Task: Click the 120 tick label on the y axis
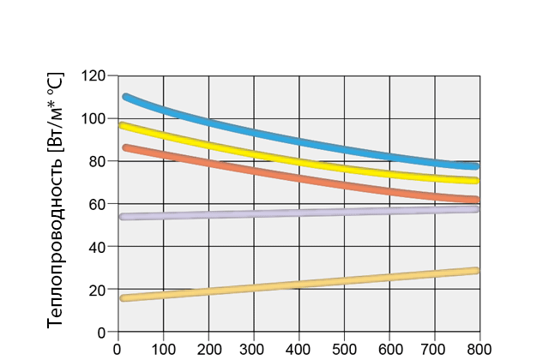coord(94,75)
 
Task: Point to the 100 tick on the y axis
coord(94,118)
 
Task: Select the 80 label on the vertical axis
coord(98,161)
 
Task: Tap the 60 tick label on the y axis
coord(98,204)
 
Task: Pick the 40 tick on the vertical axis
coord(98,247)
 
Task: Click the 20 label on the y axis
coord(98,290)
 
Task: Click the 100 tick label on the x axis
coord(163,349)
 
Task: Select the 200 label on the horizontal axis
coord(208,349)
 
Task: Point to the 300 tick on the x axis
coord(254,349)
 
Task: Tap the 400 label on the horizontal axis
coord(299,349)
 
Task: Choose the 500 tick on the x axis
coord(344,349)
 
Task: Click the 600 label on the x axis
coord(389,349)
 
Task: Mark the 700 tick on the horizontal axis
coord(435,349)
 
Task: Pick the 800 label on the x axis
coord(480,349)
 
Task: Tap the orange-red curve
coord(300,177)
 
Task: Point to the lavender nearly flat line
coord(300,213)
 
